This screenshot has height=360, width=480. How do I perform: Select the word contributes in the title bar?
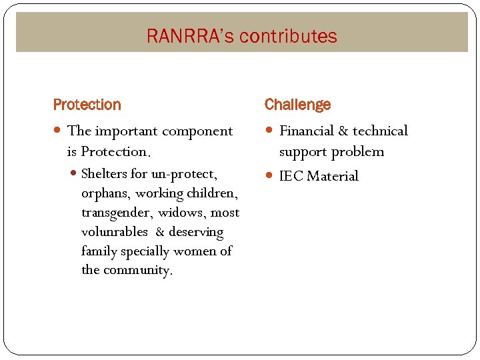tap(288, 36)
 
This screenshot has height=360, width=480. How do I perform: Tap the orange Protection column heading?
tap(87, 105)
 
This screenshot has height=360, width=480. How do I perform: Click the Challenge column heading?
tap(297, 105)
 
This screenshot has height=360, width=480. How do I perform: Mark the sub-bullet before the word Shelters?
tap(73, 175)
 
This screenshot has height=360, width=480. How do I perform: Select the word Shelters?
tap(104, 175)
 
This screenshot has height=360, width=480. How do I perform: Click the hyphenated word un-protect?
tap(184, 175)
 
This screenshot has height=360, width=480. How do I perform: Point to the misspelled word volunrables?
tap(115, 233)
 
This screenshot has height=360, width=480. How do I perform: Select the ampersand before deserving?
tap(160, 233)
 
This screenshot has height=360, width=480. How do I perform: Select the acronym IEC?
tap(291, 177)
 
